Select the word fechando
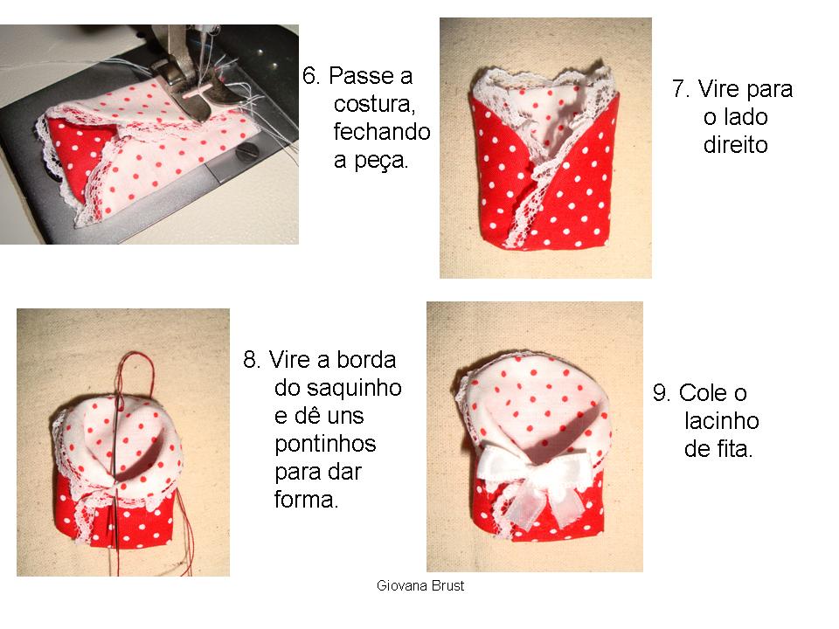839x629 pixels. (x=382, y=132)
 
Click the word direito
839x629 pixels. (x=735, y=145)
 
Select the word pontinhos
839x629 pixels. (x=325, y=444)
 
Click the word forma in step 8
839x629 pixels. (x=304, y=500)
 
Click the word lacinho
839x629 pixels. (x=720, y=422)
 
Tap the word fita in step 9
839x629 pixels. (x=731, y=450)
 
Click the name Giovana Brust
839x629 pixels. (x=420, y=586)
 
